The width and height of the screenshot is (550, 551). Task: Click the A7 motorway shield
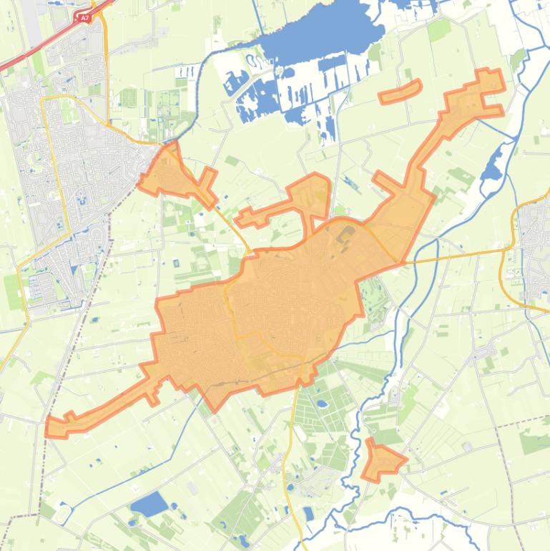(x=84, y=17)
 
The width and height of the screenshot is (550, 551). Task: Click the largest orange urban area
(x=286, y=301)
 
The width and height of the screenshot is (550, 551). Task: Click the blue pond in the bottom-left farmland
(x=149, y=504)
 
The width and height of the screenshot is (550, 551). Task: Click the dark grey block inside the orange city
(x=346, y=234)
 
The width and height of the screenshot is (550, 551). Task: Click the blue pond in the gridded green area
(x=320, y=405)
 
